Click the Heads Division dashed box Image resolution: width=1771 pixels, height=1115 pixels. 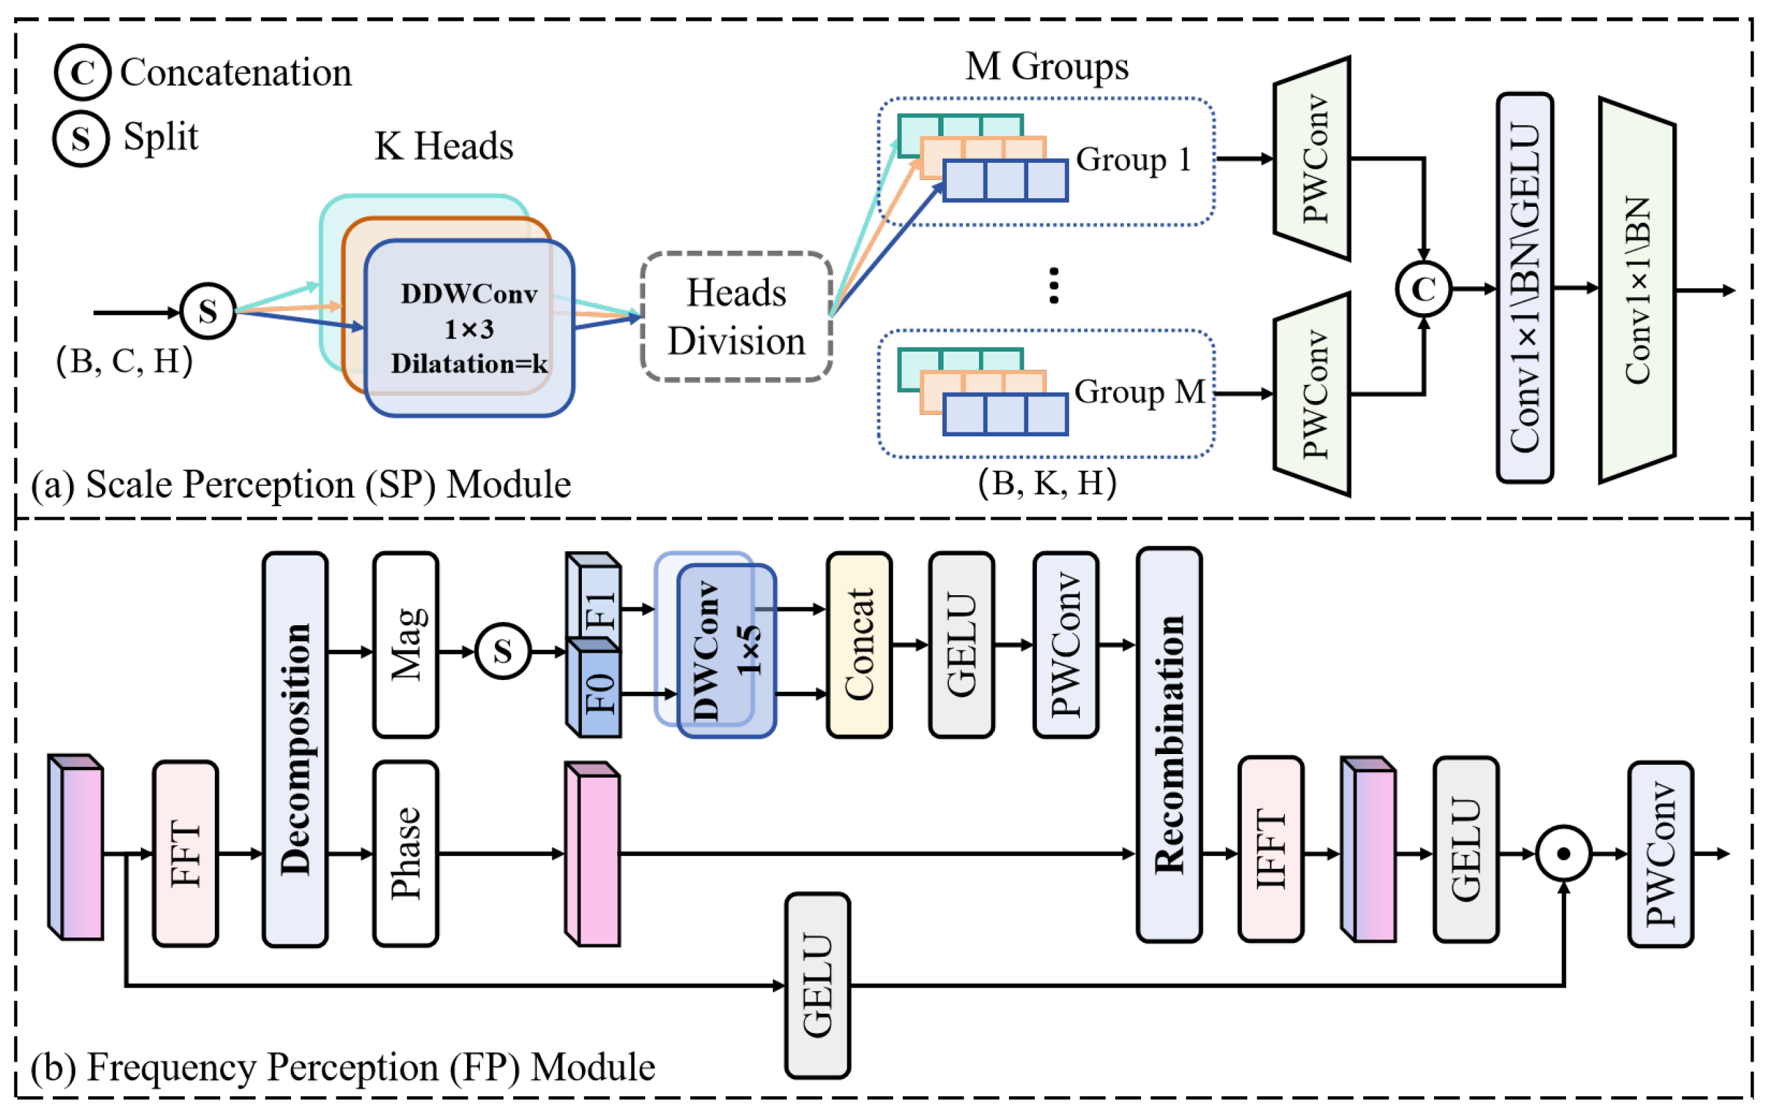point(736,316)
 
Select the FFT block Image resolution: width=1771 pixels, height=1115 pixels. point(186,853)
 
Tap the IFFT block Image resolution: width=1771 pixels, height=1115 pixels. point(1270,849)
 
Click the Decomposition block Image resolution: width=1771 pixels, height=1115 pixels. point(295,749)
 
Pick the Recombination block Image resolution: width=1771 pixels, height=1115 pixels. point(1168,744)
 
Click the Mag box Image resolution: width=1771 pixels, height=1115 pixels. point(406,645)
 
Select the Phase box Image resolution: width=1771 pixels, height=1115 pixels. point(406,853)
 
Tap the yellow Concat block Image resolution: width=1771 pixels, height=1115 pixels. point(859,645)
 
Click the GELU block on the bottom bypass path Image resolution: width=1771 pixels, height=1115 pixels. point(817,986)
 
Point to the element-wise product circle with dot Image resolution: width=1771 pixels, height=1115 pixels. point(1563,853)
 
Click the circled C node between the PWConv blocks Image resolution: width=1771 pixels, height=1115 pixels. point(1423,289)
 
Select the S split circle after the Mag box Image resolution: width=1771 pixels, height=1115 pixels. point(503,651)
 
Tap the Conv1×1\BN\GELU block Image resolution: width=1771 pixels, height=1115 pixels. point(1525,288)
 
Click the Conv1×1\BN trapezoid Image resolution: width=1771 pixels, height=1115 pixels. point(1637,290)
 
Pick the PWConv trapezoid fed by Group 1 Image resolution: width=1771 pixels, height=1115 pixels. point(1312,158)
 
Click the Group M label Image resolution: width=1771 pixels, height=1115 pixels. point(1139,392)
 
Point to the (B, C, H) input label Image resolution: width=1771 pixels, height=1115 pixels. point(124,360)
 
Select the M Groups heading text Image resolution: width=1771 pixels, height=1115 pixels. point(1046,66)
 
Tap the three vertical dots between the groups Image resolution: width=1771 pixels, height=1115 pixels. point(1054,286)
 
